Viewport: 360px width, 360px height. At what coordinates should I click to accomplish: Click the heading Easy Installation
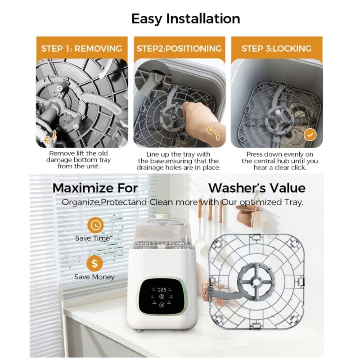tap(185, 19)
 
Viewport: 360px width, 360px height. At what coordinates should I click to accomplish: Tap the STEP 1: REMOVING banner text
tap(81, 49)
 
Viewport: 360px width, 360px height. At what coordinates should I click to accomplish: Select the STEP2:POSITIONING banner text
tap(179, 49)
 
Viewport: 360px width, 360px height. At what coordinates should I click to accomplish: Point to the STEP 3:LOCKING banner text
tap(276, 49)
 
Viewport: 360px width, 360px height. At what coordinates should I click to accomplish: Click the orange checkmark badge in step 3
tap(310, 135)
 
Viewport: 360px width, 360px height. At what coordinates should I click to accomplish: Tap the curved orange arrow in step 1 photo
tap(50, 137)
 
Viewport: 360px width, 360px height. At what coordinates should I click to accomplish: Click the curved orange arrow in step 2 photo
tap(212, 133)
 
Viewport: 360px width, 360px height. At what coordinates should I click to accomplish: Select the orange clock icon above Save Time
tap(95, 225)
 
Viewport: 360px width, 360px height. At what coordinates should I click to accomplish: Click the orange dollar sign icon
tap(94, 263)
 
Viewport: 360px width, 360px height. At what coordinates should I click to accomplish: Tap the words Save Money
tap(94, 277)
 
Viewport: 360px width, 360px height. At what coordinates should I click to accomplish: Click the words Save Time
tap(93, 238)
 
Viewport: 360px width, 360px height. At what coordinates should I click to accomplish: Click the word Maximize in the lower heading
tap(83, 188)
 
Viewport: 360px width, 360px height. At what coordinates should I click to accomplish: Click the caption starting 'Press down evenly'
tap(279, 161)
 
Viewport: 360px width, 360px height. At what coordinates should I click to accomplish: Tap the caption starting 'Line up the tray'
tap(178, 161)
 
